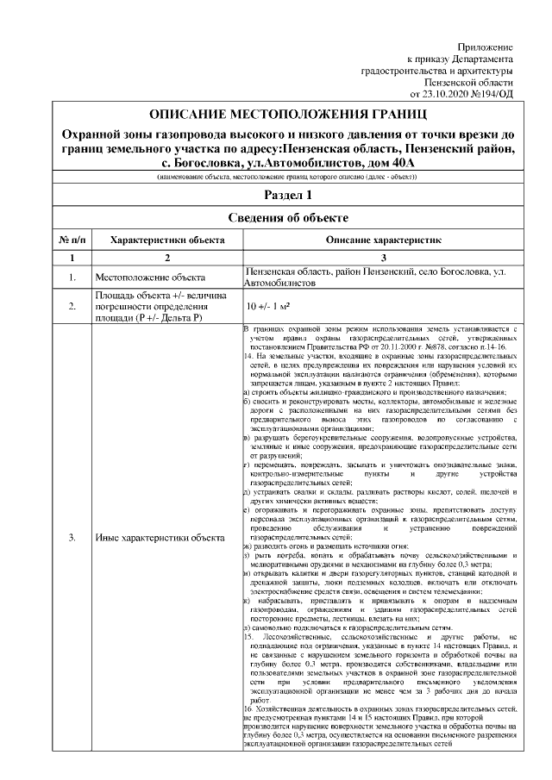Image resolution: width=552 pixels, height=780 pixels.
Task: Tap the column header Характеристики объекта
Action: click(x=166, y=238)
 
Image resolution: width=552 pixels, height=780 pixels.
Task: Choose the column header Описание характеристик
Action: click(x=383, y=238)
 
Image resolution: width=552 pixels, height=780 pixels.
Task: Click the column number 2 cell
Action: click(x=166, y=258)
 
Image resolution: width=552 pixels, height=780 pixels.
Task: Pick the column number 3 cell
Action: click(x=383, y=258)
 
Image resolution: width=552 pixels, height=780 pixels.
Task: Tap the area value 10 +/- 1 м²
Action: click(x=267, y=305)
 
